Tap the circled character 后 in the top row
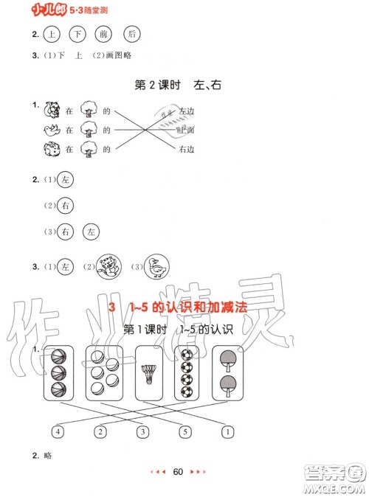pyautogui.click(x=131, y=34)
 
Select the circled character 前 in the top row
pyautogui.click(x=105, y=34)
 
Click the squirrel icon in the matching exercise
pyautogui.click(x=52, y=109)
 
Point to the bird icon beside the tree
pyautogui.click(x=52, y=130)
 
